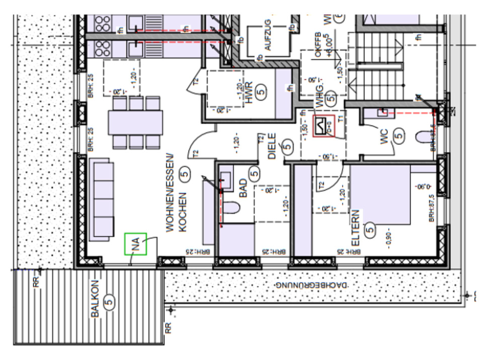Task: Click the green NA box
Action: point(135,244)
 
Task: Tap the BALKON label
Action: point(95,299)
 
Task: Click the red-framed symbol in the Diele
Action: point(323,126)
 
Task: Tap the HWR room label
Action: point(249,93)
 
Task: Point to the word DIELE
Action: point(272,146)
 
